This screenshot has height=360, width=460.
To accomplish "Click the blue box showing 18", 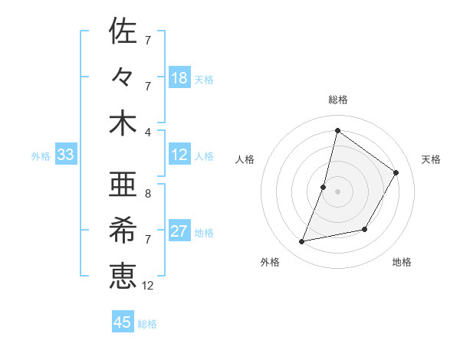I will (179, 78).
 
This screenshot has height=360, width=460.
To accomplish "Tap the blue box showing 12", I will (179, 155).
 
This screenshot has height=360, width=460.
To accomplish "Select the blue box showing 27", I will (179, 231).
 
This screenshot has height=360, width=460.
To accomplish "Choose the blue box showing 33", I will (65, 155).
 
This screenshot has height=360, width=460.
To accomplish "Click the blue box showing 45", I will (123, 322).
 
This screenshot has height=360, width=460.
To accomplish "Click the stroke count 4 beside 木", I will (147, 131).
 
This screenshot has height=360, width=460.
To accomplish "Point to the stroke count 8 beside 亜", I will (147, 194).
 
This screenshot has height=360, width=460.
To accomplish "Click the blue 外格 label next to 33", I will (41, 156).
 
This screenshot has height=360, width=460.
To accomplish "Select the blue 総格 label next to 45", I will (147, 324).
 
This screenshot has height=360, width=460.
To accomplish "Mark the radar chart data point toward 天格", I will (396, 172).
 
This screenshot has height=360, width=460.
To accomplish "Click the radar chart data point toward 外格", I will (302, 242).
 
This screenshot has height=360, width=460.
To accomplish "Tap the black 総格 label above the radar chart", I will (337, 100).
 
